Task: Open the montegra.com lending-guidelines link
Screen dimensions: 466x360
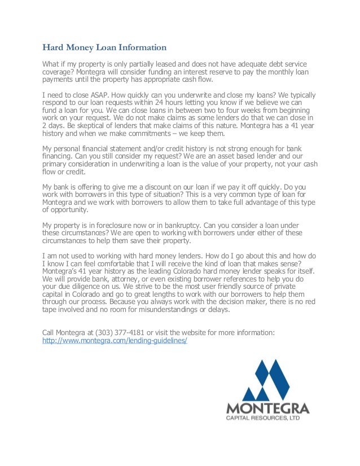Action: (115, 341)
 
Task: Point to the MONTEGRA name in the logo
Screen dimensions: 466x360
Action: (267, 408)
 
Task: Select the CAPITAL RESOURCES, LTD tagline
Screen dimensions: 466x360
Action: (267, 418)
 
